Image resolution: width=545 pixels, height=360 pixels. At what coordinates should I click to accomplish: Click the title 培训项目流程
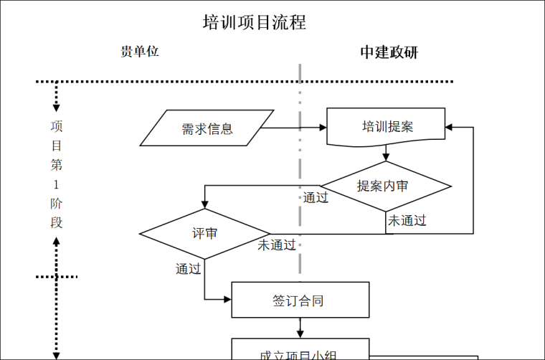(255, 23)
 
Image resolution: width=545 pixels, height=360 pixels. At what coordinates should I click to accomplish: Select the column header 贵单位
(139, 52)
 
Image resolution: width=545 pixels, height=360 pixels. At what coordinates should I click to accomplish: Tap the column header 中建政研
(389, 52)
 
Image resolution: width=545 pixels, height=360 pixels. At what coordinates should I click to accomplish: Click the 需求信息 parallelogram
(207, 128)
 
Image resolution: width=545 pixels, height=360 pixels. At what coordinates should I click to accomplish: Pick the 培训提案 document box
(387, 127)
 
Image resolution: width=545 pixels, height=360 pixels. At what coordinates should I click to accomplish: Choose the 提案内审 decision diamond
(386, 186)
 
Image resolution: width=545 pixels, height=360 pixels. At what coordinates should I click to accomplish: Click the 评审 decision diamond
(205, 234)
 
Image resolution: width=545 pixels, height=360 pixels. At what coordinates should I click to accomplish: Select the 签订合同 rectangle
(300, 300)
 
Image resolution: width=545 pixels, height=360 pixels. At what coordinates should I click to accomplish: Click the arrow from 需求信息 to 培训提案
(294, 128)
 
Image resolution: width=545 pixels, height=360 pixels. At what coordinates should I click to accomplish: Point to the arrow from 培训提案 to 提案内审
(386, 153)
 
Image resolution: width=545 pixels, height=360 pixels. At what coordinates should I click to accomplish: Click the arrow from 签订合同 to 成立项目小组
(300, 328)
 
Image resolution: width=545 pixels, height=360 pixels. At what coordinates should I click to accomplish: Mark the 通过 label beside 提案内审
(316, 198)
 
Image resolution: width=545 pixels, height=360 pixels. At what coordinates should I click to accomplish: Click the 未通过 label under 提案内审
(407, 221)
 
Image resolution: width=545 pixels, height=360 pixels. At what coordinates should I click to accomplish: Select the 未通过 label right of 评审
(277, 245)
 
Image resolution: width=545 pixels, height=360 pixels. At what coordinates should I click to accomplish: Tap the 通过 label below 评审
(189, 269)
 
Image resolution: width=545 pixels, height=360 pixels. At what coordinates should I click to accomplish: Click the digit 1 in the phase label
(57, 184)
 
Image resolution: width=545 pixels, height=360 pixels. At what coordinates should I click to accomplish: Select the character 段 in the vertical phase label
(57, 222)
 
